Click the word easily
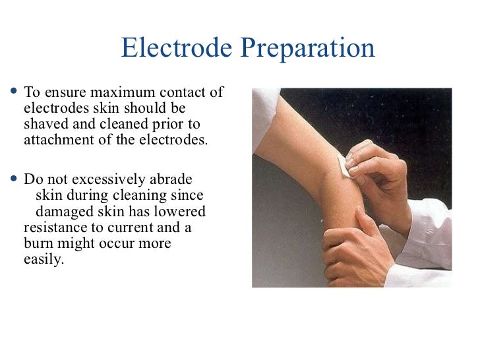(43, 260)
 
